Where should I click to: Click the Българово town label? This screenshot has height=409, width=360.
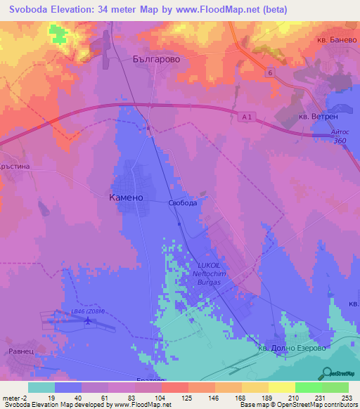[x=156, y=60]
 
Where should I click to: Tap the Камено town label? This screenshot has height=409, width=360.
[x=127, y=197]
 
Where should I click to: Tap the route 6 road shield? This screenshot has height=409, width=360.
[x=269, y=72]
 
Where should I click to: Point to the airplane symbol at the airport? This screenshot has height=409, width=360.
[x=88, y=322]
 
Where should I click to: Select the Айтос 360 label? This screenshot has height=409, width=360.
[x=340, y=137]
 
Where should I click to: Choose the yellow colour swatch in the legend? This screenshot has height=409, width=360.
[x=281, y=387]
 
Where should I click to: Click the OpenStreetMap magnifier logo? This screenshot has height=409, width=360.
[x=326, y=372]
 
